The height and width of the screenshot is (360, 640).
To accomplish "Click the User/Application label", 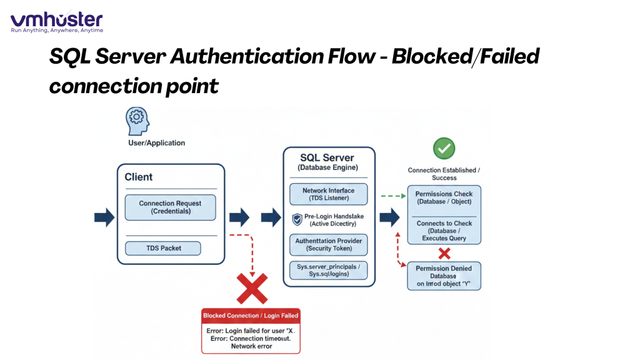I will pyautogui.click(x=156, y=143).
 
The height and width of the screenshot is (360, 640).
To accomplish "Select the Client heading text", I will pyautogui.click(x=139, y=177).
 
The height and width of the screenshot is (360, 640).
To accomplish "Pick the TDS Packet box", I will pyautogui.click(x=162, y=248).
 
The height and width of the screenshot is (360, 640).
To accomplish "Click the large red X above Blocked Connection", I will pyautogui.click(x=252, y=288).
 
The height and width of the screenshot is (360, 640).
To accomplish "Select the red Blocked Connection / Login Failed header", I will pyautogui.click(x=251, y=316).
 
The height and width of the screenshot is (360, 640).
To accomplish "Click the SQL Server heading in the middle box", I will pyautogui.click(x=327, y=157).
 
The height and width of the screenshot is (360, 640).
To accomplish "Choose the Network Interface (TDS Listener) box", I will pyautogui.click(x=328, y=194).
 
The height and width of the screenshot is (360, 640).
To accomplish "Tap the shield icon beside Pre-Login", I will pyautogui.click(x=297, y=219).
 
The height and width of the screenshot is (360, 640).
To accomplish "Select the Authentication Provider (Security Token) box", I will pyautogui.click(x=328, y=244).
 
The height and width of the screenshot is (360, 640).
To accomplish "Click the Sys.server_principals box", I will pyautogui.click(x=328, y=269).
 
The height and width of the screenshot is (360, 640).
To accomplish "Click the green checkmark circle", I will pyautogui.click(x=444, y=149).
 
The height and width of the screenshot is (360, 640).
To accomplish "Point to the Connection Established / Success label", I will pyautogui.click(x=444, y=174).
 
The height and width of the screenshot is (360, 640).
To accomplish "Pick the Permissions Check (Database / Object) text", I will pyautogui.click(x=444, y=198).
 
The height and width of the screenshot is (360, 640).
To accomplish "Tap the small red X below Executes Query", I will pyautogui.click(x=444, y=253).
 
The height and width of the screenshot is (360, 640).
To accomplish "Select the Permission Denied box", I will pyautogui.click(x=444, y=276).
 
